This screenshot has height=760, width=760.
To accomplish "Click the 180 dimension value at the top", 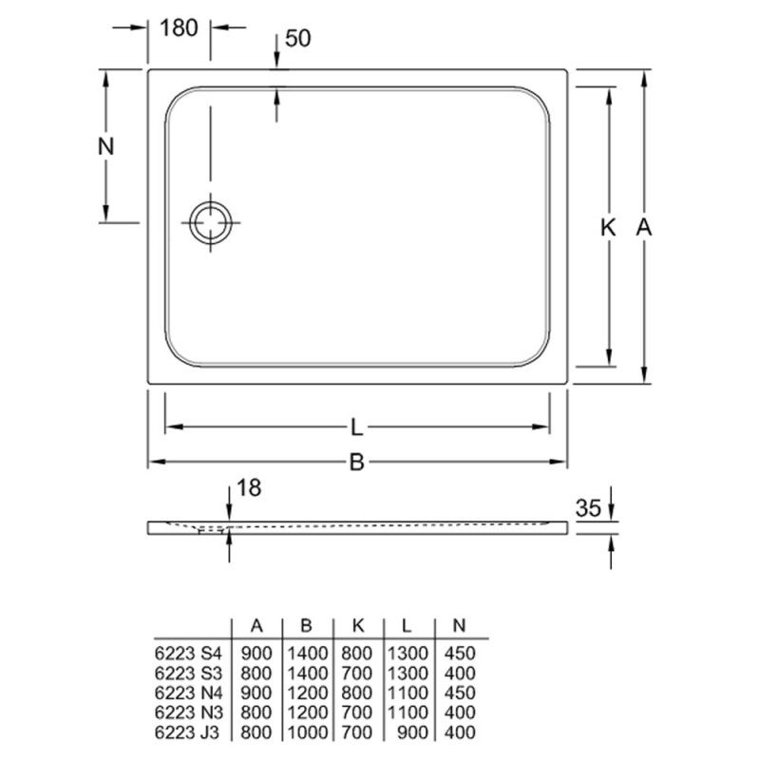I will [179, 28].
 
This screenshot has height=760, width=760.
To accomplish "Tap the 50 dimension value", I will [298, 39].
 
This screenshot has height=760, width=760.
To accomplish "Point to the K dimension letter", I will [609, 227].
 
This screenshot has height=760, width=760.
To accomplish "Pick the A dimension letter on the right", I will [643, 227].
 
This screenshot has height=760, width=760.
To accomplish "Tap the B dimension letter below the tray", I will [357, 463].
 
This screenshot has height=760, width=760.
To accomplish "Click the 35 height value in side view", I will [589, 509].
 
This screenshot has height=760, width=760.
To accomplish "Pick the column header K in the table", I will [358, 626].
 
